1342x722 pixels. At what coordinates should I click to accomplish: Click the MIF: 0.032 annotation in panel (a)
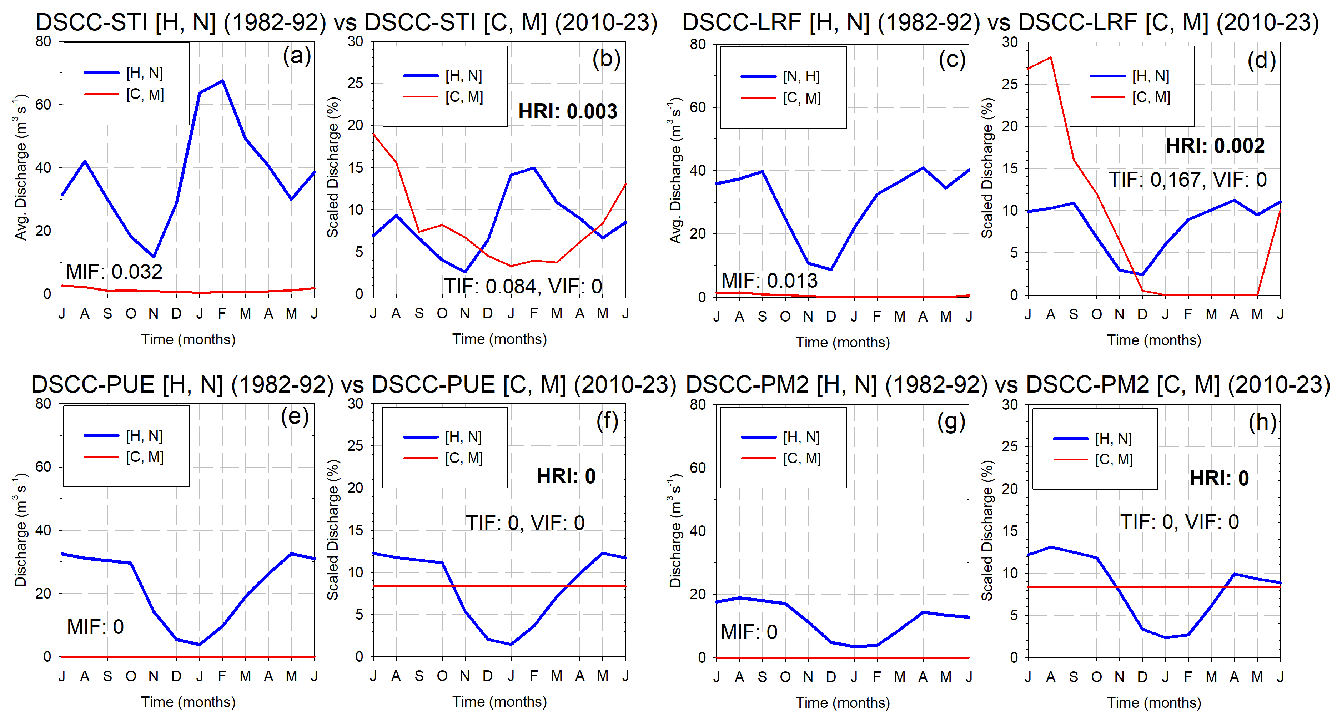(114, 272)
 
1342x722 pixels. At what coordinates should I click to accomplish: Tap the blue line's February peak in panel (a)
(222, 81)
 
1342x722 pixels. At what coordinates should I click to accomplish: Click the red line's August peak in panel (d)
(1051, 57)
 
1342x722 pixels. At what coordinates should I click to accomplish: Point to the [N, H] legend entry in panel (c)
(801, 77)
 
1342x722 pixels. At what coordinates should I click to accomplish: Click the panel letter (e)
(295, 417)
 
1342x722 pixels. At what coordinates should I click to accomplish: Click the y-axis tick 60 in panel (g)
(698, 468)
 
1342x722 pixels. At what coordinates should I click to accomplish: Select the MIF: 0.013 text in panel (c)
(769, 281)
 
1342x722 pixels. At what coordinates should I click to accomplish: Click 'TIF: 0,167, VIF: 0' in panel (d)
(1187, 180)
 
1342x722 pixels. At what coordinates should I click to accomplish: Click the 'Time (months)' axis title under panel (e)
(188, 702)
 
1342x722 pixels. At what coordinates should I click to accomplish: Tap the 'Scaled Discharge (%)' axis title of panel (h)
(987, 530)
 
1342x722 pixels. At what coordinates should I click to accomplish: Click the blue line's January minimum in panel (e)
(200, 645)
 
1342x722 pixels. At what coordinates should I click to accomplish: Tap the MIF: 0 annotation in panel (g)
(749, 632)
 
